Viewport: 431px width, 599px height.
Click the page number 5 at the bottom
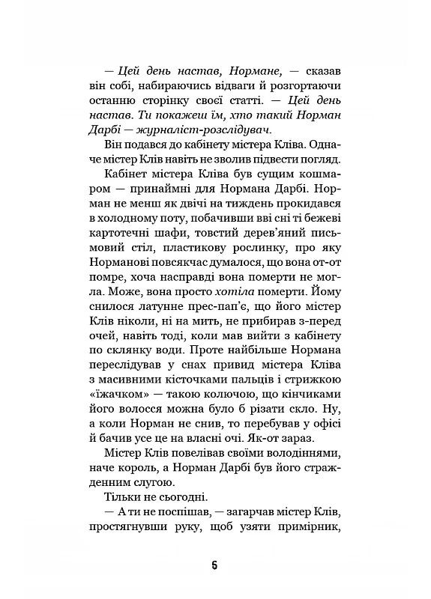pyautogui.click(x=215, y=565)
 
